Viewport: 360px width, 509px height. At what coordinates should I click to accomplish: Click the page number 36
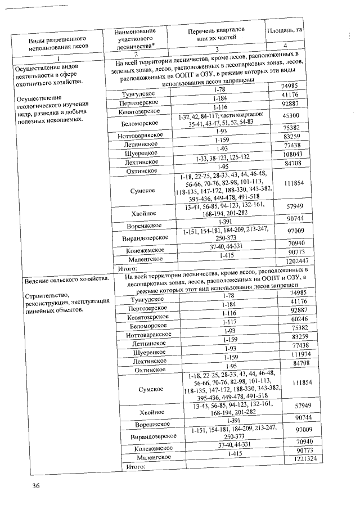[37, 485]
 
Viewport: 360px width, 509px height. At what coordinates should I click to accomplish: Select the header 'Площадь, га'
[285, 30]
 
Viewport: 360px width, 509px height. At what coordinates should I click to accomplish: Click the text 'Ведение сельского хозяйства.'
[65, 280]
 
